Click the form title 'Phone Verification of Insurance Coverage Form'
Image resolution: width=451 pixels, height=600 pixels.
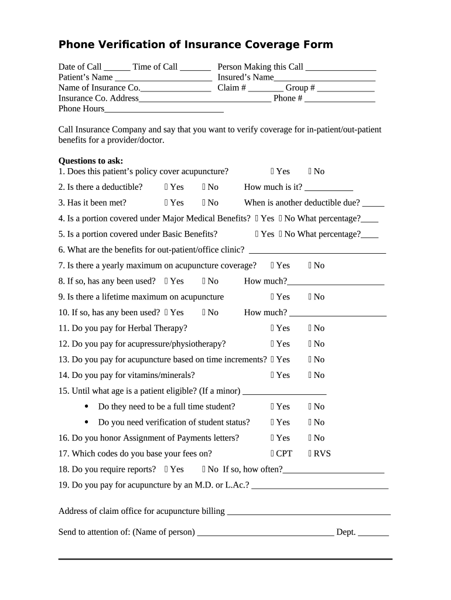[196, 45]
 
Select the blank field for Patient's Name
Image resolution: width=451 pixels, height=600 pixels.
[163, 78]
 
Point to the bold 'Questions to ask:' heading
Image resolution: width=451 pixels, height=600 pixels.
[91, 161]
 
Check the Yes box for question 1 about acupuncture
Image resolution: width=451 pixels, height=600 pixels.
[273, 172]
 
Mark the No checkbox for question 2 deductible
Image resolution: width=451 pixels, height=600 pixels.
[204, 187]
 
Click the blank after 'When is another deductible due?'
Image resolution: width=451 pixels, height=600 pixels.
[373, 203]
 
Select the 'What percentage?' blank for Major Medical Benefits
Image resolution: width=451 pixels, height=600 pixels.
[370, 219]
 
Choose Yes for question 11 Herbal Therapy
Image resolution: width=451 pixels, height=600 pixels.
[273, 328]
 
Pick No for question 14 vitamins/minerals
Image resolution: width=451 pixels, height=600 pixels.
[310, 375]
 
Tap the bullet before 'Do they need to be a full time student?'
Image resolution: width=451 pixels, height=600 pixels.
[87, 407]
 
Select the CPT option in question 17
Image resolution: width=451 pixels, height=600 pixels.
[273, 454]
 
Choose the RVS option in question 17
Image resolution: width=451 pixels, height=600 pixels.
[310, 454]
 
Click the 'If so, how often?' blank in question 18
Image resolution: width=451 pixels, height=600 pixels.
[333, 470]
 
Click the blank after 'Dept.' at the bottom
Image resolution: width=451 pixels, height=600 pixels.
[373, 533]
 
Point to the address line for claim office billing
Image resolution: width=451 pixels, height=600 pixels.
[308, 512]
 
